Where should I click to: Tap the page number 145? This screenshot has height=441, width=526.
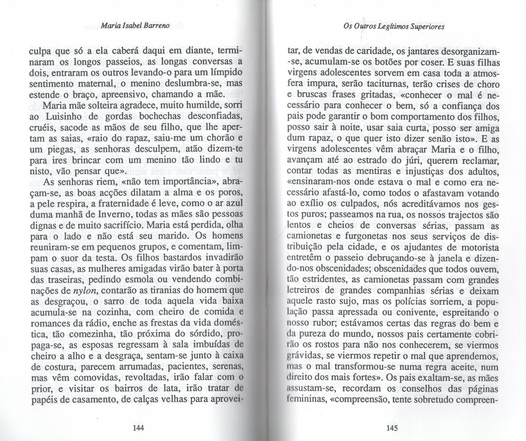392,428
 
